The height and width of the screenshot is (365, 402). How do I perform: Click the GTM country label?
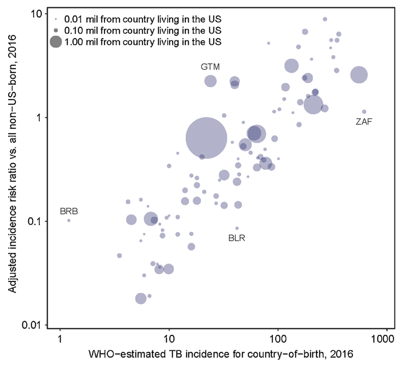211,67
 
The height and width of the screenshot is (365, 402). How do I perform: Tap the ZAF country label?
364,122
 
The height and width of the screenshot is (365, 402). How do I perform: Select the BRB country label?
69,211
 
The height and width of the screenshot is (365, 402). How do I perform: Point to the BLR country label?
237,238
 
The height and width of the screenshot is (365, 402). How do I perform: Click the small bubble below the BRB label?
69,221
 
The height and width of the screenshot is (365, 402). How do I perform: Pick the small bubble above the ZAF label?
364,112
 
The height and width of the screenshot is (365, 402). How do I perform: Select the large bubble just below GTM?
211,81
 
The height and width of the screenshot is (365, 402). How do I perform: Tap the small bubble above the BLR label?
237,228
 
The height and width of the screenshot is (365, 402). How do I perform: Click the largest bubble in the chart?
206,138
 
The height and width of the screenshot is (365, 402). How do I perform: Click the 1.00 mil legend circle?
56,42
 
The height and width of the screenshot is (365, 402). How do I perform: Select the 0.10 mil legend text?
144,30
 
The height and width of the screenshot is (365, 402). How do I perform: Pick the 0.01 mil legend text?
144,18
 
